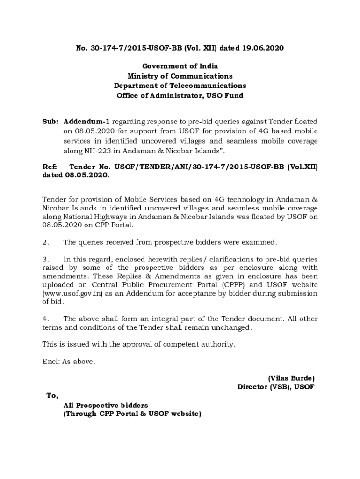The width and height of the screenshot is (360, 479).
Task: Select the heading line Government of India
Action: [180, 66]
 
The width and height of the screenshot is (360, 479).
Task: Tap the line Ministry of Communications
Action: [180, 76]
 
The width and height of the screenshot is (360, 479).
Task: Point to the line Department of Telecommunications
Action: [180, 86]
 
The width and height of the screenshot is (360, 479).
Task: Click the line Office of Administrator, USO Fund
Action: [180, 96]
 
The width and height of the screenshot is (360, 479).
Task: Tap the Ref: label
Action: [49, 167]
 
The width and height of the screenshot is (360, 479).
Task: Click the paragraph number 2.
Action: [45, 242]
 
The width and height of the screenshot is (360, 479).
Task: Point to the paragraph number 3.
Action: [45, 259]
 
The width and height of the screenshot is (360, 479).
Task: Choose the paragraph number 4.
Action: [45, 319]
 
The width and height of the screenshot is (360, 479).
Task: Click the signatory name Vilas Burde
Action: [291, 378]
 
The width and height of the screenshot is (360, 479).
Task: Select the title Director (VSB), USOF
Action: [276, 387]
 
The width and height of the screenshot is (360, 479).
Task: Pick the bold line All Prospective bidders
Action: [106, 405]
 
